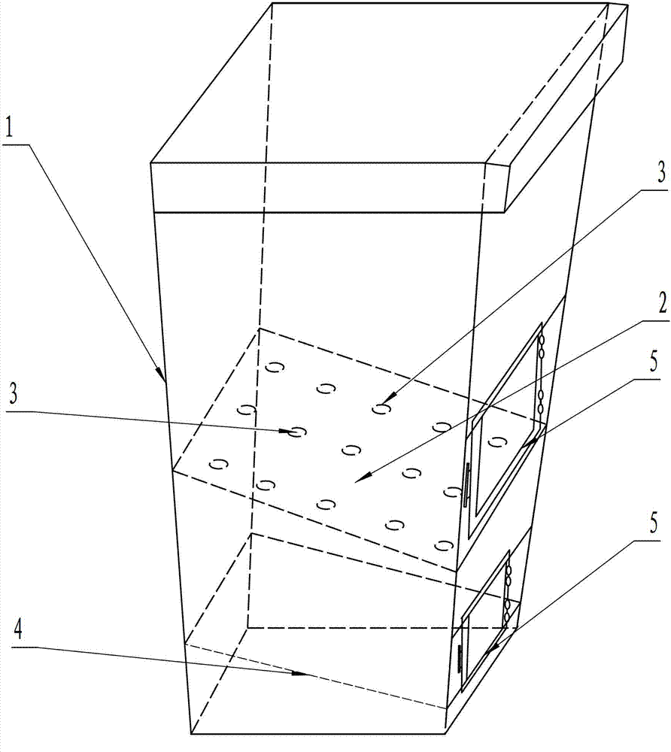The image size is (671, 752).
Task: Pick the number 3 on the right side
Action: (x=641, y=174)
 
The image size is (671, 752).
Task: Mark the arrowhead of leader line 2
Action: (x=362, y=478)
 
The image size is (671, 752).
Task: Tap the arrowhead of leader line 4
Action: (x=308, y=675)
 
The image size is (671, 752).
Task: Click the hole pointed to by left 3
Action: (x=297, y=432)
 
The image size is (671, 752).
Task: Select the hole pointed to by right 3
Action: (x=383, y=408)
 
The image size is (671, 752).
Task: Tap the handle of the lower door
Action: (x=459, y=659)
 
